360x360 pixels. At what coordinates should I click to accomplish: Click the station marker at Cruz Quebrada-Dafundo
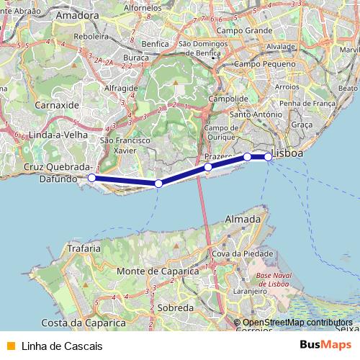pyautogui.click(x=91, y=177)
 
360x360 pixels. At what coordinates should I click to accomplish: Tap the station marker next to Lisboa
pyautogui.click(x=269, y=156)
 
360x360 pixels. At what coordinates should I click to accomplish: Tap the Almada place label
pyautogui.click(x=243, y=218)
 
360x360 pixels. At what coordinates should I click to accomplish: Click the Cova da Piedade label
pyautogui.click(x=243, y=253)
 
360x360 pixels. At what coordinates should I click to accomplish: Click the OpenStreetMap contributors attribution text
pyautogui.click(x=297, y=323)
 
